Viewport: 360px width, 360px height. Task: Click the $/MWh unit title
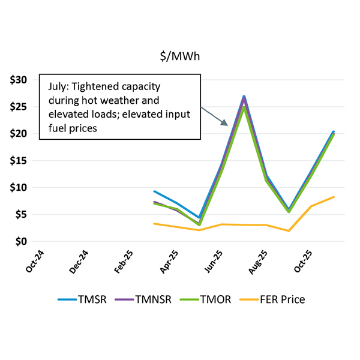[179, 56]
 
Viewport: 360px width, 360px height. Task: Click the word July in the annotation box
[57, 86]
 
